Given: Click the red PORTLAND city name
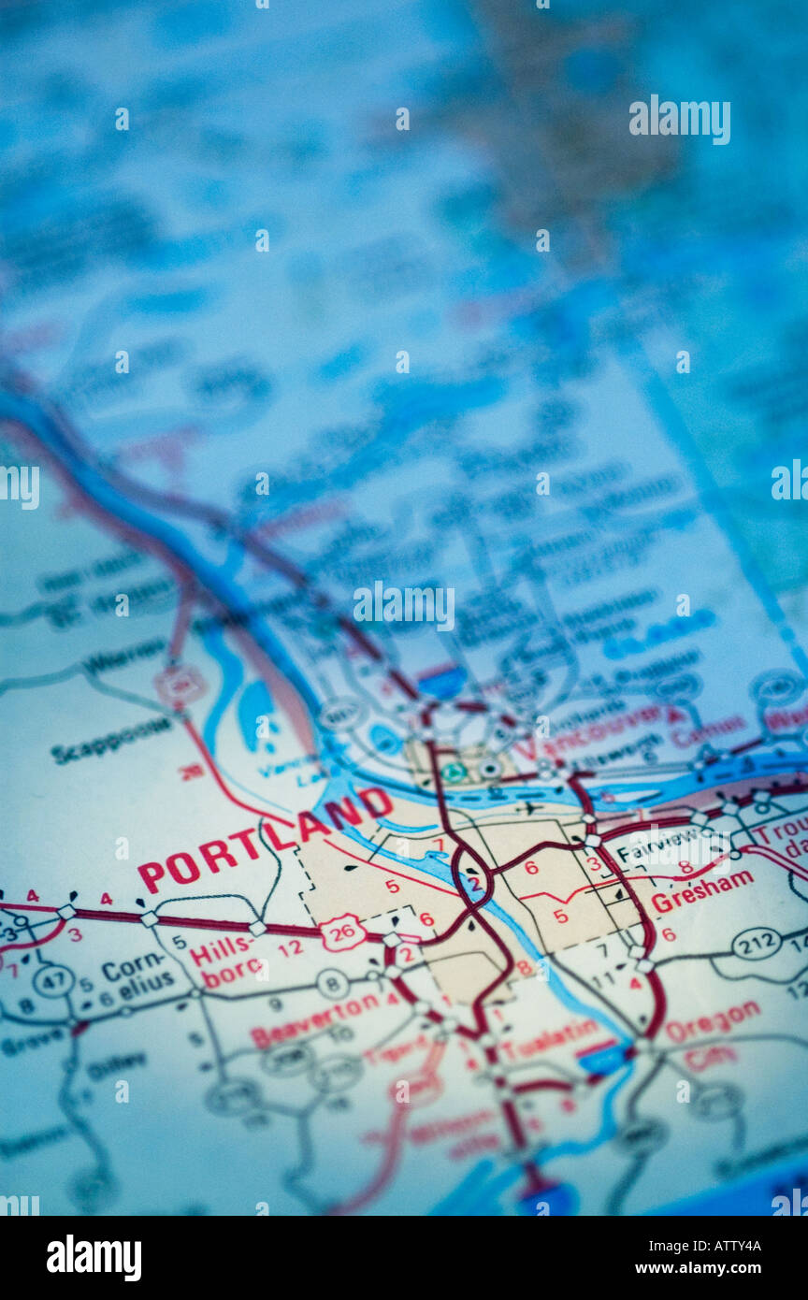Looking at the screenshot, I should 265,839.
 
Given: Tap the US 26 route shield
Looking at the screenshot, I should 341,932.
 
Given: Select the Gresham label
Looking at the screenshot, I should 701,891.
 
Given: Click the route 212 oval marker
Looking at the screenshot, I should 756,942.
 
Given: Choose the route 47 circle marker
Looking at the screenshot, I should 52,980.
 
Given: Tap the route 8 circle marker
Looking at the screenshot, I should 333,983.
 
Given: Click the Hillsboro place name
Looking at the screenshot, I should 225,962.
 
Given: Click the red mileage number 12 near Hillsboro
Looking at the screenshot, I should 291,947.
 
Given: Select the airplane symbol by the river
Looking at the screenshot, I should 532,807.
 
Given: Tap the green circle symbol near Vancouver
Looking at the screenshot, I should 454,773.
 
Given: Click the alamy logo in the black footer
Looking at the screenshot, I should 94,1258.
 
